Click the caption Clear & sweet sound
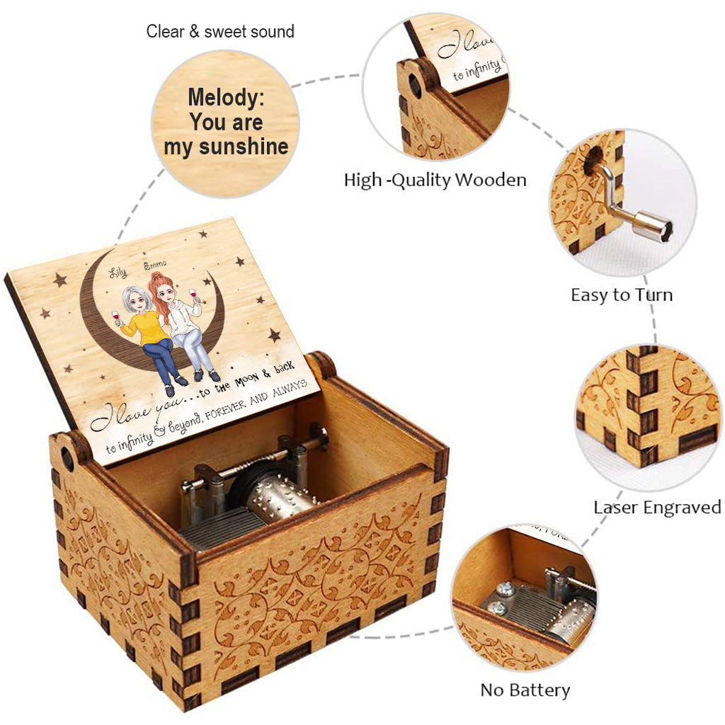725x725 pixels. click(220, 31)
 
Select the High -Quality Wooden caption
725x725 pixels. click(435, 180)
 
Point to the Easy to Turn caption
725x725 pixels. click(622, 295)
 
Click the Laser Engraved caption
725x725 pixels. click(657, 507)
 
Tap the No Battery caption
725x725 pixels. click(525, 690)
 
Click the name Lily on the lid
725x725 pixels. click(118, 273)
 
